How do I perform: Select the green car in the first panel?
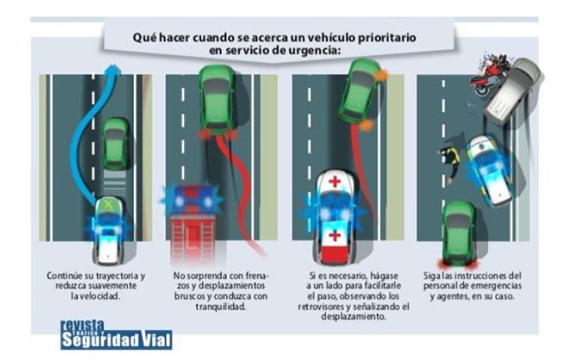115,143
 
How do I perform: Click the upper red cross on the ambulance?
334,181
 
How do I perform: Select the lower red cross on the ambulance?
334,235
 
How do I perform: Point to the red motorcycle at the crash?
488,75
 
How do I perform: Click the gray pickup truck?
513,88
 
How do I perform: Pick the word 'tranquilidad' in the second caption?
221,307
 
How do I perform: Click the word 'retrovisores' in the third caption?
322,307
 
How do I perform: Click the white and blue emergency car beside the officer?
488,170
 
